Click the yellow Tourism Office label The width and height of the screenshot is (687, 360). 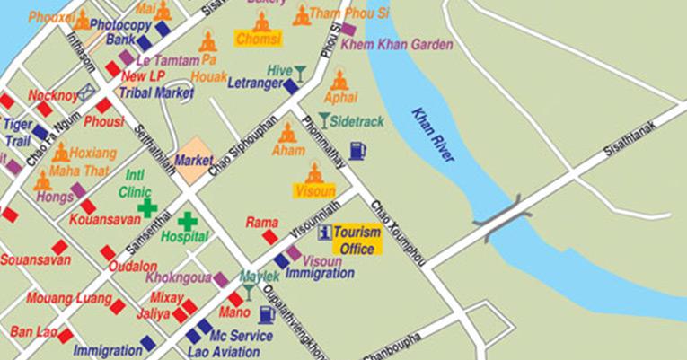pyautogui.click(x=357, y=240)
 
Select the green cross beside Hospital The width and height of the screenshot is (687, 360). pyautogui.click(x=187, y=221)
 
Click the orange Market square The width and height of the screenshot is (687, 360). pyautogui.click(x=193, y=161)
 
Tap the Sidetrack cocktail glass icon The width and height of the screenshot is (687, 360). pyautogui.click(x=322, y=119)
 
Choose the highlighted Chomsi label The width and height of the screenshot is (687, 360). pyautogui.click(x=258, y=39)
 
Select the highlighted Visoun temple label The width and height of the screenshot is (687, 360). pyautogui.click(x=313, y=190)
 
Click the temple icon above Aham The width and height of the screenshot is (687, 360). pyautogui.click(x=287, y=133)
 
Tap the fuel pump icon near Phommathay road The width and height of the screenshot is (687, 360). pyautogui.click(x=357, y=150)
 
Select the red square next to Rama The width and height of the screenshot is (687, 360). pyautogui.click(x=269, y=236)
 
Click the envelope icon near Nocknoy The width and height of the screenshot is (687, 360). pyautogui.click(x=87, y=91)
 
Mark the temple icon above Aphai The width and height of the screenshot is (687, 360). pyautogui.click(x=339, y=80)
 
